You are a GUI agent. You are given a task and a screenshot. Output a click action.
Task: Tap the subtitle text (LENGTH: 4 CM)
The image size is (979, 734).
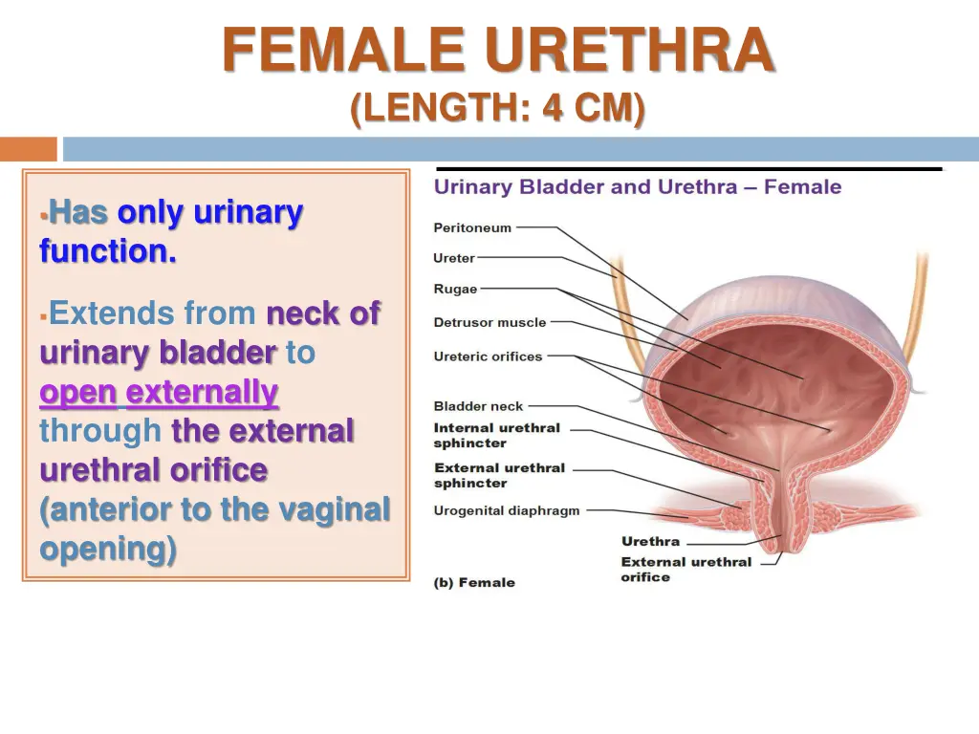click(497, 107)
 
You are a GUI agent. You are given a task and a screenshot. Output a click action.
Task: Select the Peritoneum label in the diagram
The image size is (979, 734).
click(472, 228)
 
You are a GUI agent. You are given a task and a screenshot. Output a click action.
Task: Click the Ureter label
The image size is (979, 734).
click(453, 258)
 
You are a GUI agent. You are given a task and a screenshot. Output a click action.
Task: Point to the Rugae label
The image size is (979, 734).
click(455, 290)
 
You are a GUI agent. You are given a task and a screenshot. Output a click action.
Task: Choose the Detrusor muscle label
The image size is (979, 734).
click(489, 323)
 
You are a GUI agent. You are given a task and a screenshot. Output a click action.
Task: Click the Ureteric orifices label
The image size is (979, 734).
click(488, 356)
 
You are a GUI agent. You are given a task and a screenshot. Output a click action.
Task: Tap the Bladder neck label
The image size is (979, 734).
click(479, 406)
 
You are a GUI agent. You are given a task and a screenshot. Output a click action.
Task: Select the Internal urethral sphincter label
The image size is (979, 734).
click(496, 436)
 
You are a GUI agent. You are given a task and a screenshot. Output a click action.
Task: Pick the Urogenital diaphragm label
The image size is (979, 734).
click(507, 510)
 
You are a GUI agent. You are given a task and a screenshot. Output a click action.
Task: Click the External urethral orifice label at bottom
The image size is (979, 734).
click(685, 570)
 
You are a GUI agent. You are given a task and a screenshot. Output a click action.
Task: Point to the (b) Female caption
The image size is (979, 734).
click(474, 582)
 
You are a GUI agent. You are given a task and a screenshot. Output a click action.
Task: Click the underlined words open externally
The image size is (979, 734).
click(159, 393)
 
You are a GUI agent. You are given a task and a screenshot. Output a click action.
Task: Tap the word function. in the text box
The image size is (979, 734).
click(108, 251)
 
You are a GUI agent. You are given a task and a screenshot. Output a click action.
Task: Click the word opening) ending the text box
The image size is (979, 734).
click(108, 550)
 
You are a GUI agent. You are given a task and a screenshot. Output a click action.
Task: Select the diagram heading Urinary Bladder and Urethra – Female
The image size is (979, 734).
click(638, 187)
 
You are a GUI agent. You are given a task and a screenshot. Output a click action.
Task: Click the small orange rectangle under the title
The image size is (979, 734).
click(28, 149)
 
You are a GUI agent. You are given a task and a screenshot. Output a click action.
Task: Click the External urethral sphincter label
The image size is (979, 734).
click(499, 475)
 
